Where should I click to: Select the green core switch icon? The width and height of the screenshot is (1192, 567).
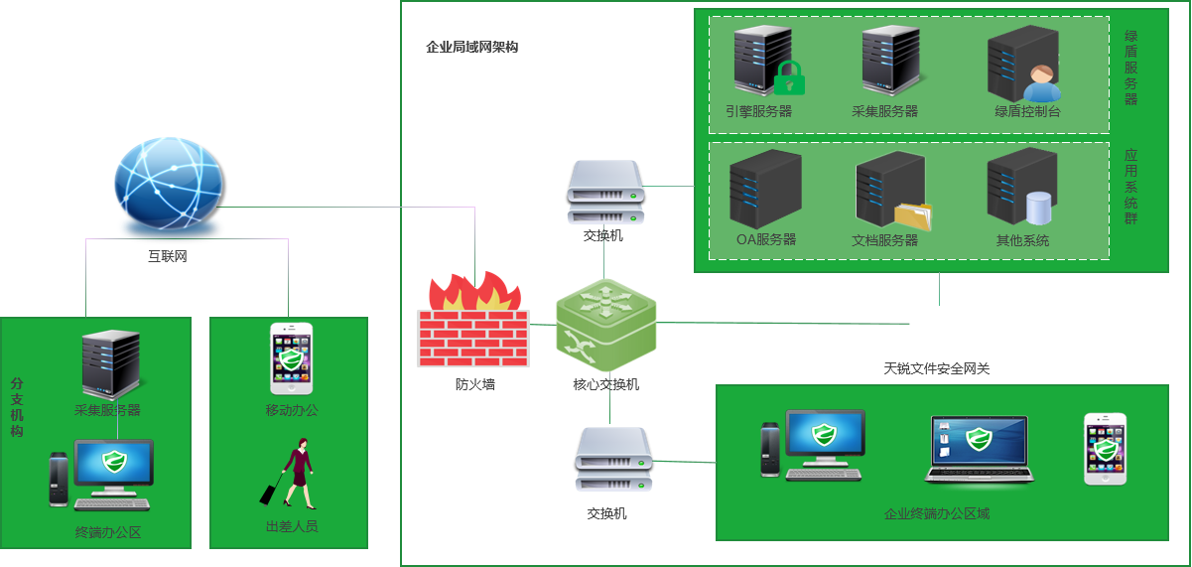pyautogui.click(x=606, y=323)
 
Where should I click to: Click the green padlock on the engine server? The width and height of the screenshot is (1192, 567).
pyautogui.click(x=789, y=78)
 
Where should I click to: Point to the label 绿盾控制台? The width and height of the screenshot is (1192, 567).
pyautogui.click(x=1027, y=111)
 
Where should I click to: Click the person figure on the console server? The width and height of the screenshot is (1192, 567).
pyautogui.click(x=1042, y=81)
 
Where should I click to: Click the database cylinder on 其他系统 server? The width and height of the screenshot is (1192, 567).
pyautogui.click(x=1038, y=208)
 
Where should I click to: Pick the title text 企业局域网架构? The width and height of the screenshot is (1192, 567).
pyautogui.click(x=471, y=47)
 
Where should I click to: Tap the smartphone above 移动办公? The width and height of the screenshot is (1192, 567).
pyautogui.click(x=290, y=358)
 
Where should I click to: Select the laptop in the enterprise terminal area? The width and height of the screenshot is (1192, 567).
pyautogui.click(x=979, y=449)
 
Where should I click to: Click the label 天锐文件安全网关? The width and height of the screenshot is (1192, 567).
pyautogui.click(x=936, y=368)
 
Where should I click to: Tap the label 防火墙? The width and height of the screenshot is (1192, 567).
pyautogui.click(x=474, y=384)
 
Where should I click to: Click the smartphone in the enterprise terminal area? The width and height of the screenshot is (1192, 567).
pyautogui.click(x=1106, y=449)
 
